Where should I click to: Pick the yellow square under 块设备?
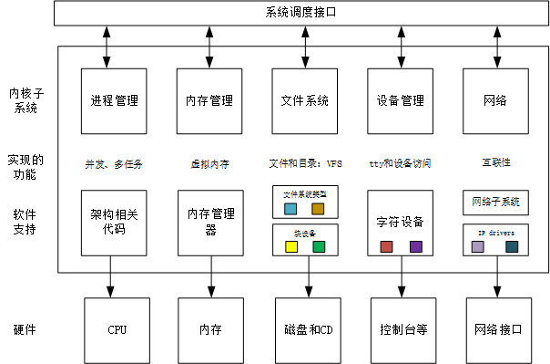coord(291,246)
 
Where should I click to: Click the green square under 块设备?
coord(319,246)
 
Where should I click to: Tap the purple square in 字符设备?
coord(416,246)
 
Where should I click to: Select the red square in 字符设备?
coord(387,246)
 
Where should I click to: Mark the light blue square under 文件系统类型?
coord(290,209)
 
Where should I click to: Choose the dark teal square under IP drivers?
coord(512,246)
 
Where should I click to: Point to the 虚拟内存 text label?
coord(209,163)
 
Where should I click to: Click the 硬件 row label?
coord(25,329)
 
